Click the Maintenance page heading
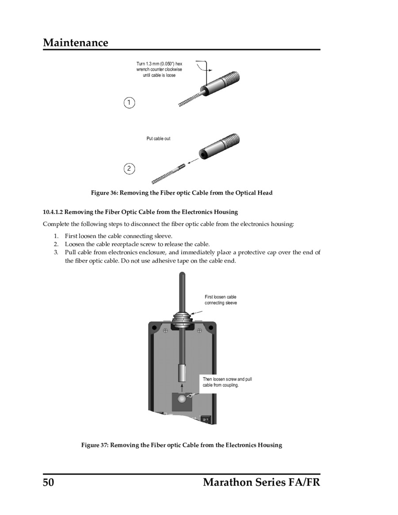click(76, 43)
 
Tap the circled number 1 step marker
click(129, 103)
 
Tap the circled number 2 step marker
click(129, 168)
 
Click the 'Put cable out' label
click(158, 139)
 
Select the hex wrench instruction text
click(159, 69)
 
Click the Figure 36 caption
click(182, 193)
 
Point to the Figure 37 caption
click(182, 445)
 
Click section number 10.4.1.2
click(53, 212)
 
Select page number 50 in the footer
click(48, 482)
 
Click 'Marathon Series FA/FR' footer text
click(261, 482)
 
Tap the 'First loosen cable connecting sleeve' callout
click(221, 300)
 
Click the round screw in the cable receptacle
click(182, 399)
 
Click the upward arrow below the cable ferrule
click(182, 388)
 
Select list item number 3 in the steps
click(56, 252)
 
